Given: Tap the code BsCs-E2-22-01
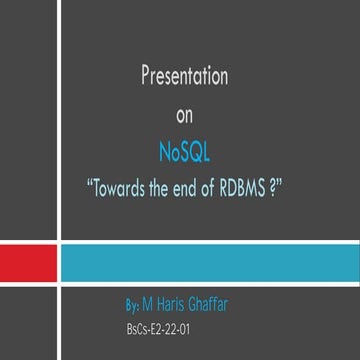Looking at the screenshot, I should point(152,326).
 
